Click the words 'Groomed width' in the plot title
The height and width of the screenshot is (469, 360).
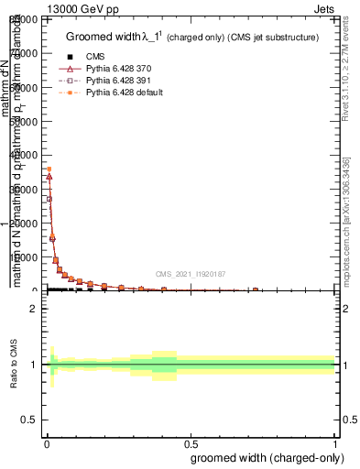click(104, 37)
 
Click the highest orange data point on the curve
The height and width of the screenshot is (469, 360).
click(48, 169)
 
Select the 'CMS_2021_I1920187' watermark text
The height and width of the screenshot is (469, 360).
click(191, 274)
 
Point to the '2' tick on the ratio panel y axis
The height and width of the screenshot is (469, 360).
click(33, 309)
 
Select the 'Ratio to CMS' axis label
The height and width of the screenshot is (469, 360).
click(13, 365)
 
